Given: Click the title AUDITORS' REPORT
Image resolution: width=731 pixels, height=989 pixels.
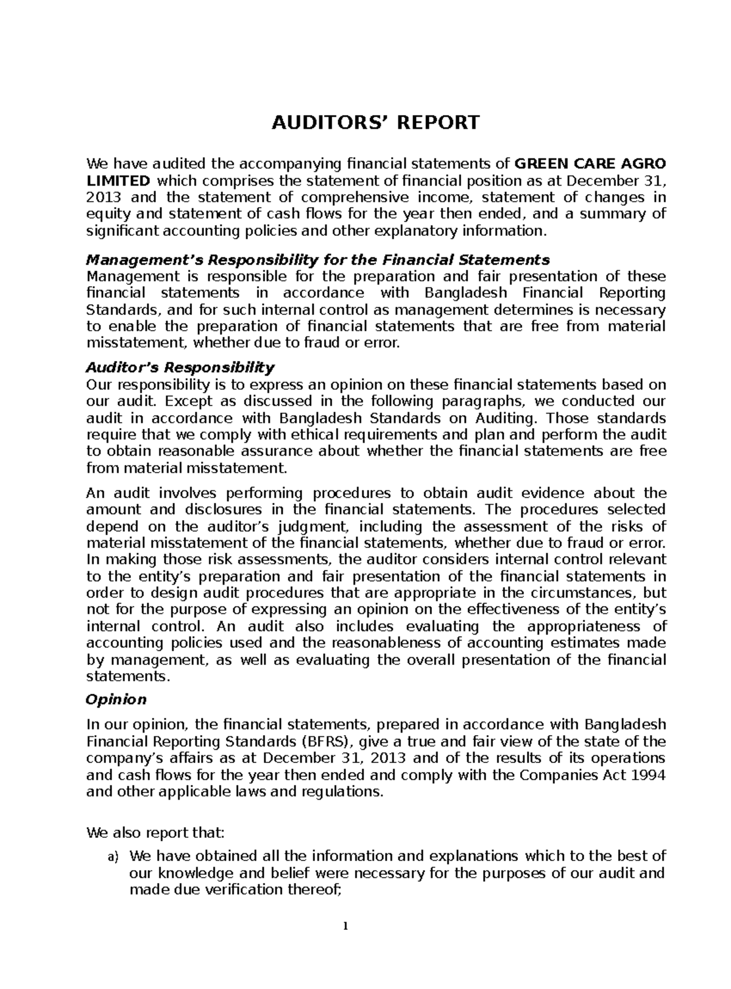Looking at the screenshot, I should pyautogui.click(x=375, y=122).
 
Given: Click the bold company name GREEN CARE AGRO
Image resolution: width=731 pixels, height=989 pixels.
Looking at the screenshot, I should pyautogui.click(x=590, y=164).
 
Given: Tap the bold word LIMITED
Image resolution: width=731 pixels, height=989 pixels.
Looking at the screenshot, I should pyautogui.click(x=118, y=181).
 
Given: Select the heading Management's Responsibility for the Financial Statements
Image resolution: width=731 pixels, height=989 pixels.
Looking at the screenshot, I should pyautogui.click(x=318, y=260).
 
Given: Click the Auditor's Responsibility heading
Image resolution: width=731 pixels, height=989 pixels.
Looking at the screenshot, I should pyautogui.click(x=180, y=368).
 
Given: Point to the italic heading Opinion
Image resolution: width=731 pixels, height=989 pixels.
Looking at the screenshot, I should pyautogui.click(x=116, y=699).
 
